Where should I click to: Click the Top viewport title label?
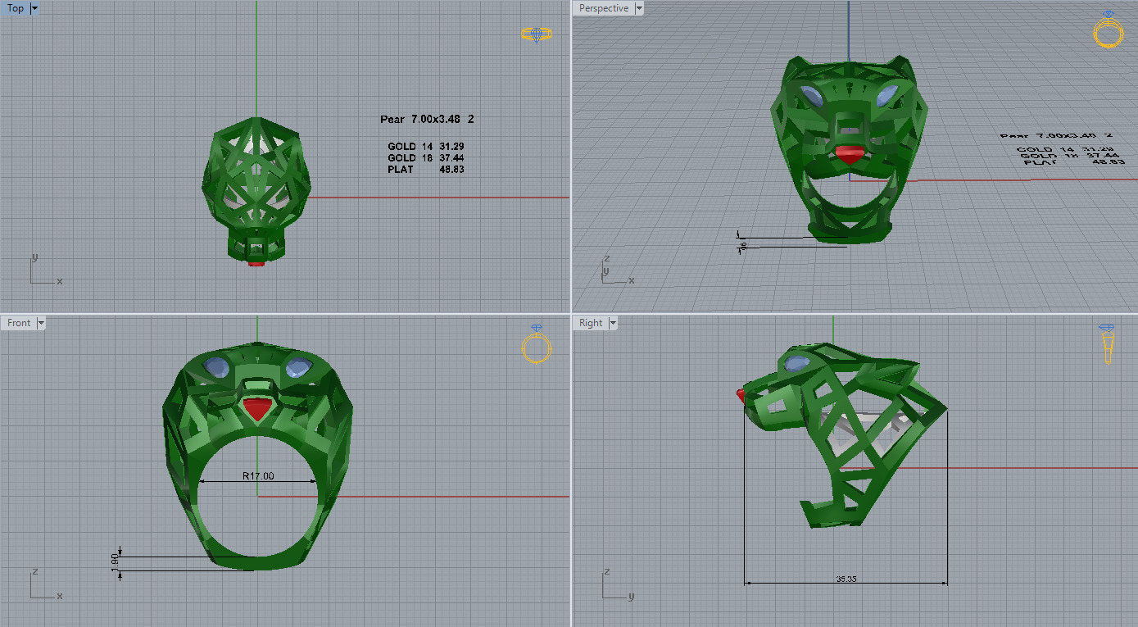click(x=16, y=9)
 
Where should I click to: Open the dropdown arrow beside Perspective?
click(x=638, y=9)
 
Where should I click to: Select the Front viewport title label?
click(x=19, y=323)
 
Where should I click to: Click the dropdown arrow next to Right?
click(x=614, y=323)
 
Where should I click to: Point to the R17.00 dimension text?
click(x=258, y=475)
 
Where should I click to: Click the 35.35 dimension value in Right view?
click(x=846, y=579)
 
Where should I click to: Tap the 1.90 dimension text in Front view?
click(x=116, y=563)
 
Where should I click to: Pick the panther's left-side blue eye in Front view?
click(x=217, y=366)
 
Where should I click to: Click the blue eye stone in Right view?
click(x=797, y=364)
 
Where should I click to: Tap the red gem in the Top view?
click(x=256, y=263)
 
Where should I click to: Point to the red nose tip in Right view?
click(x=742, y=395)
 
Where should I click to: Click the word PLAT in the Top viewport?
click(x=401, y=170)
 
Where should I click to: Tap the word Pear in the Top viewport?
click(x=392, y=120)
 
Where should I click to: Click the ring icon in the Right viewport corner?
click(x=1108, y=343)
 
